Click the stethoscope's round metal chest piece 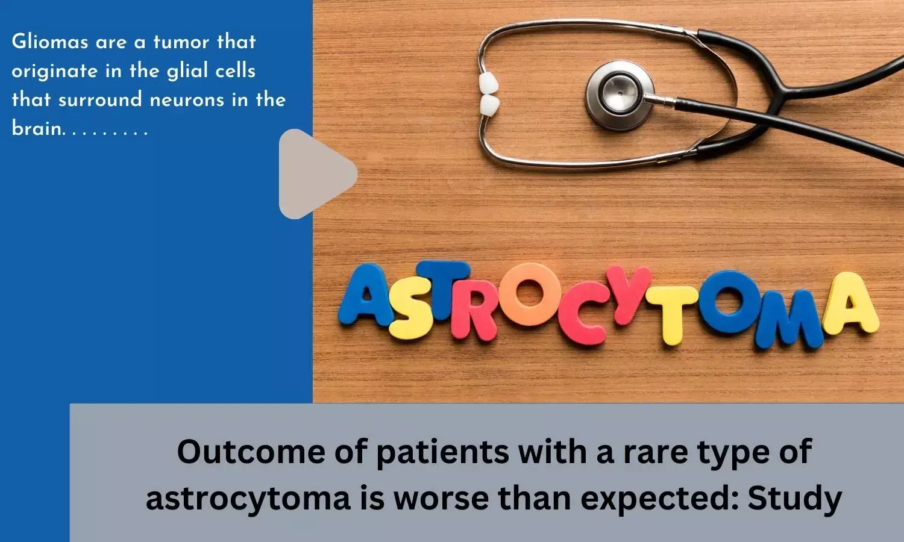pyautogui.click(x=620, y=95)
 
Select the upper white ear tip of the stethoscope pyautogui.click(x=488, y=83)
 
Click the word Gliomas pyautogui.click(x=50, y=42)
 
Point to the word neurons pyautogui.click(x=187, y=100)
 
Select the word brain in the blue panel pyautogui.click(x=37, y=128)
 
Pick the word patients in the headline pyautogui.click(x=443, y=452)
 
